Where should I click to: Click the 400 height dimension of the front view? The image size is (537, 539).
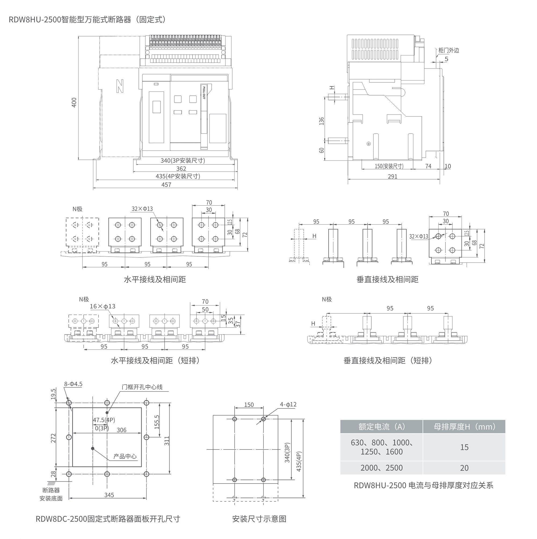tap(74, 102)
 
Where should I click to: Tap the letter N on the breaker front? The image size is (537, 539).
tap(120, 86)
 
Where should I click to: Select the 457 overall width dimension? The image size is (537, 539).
tap(166, 184)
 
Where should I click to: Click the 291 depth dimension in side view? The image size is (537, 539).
tap(392, 176)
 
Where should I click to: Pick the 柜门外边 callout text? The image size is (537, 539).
tap(448, 50)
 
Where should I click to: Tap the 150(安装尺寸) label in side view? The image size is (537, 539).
tap(389, 166)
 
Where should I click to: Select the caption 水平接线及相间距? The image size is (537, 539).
tap(155, 279)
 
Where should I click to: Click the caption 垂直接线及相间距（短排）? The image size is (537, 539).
tap(388, 360)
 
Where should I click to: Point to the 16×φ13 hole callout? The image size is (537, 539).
tap(102, 306)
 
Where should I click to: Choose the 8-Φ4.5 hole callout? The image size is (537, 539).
tap(73, 384)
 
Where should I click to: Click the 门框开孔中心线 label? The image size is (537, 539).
tap(142, 387)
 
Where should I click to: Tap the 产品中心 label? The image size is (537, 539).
tap(125, 456)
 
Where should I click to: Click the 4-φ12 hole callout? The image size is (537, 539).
tap(288, 404)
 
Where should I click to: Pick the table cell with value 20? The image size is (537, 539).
tap(464, 468)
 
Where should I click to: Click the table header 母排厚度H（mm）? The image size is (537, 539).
tap(464, 427)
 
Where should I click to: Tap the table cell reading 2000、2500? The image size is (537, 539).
tap(381, 468)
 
